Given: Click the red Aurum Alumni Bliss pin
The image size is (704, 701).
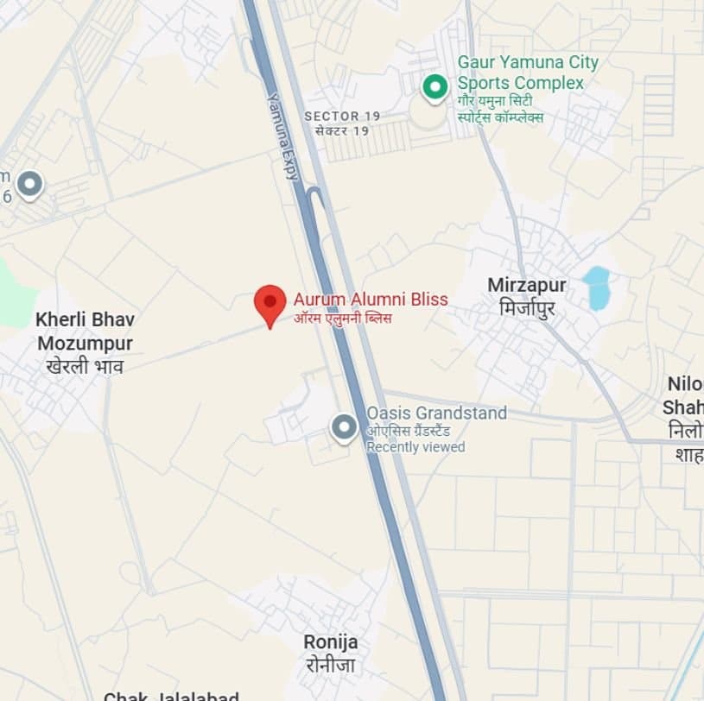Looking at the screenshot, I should pyautogui.click(x=270, y=303).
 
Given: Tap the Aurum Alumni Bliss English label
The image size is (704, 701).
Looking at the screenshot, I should pyautogui.click(x=371, y=300).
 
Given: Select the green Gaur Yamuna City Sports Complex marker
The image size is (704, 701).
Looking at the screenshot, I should pyautogui.click(x=434, y=86).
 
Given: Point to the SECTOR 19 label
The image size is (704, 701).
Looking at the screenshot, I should pyautogui.click(x=342, y=116).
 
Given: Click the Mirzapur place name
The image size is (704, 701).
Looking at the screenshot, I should pyautogui.click(x=527, y=285).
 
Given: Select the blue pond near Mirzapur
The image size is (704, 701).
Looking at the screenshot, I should pyautogui.click(x=596, y=287).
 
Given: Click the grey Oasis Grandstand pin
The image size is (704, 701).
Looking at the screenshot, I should pyautogui.click(x=344, y=426).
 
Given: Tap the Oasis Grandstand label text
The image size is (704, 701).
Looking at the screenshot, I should pyautogui.click(x=436, y=414).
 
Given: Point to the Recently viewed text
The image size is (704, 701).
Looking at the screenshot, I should pyautogui.click(x=415, y=447).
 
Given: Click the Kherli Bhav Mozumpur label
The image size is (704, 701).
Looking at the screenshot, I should pyautogui.click(x=85, y=332).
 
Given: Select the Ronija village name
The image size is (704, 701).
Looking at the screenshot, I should pyautogui.click(x=330, y=642).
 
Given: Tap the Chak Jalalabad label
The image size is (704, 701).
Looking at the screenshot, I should pyautogui.click(x=171, y=696).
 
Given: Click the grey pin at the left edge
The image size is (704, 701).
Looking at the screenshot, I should pyautogui.click(x=30, y=184).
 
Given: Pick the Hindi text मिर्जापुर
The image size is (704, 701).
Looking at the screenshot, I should pyautogui.click(x=527, y=306).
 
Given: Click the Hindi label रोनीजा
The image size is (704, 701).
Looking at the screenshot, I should pyautogui.click(x=330, y=665).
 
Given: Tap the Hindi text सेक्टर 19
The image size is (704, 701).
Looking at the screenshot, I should pyautogui.click(x=342, y=131).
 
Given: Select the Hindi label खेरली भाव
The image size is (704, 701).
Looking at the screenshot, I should pyautogui.click(x=85, y=366).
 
